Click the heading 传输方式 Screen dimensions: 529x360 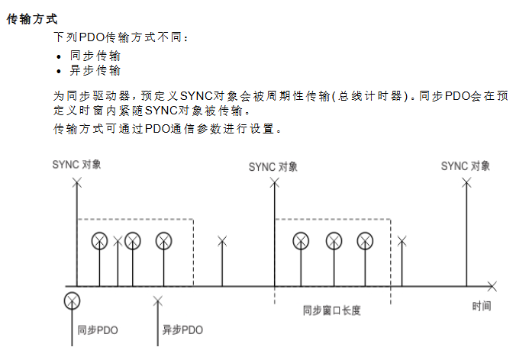click(32, 19)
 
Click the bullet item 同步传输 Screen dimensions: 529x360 click(95, 56)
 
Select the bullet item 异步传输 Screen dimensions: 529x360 click(95, 70)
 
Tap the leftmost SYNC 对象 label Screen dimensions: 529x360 click(76, 165)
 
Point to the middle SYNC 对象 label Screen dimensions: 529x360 click(273, 167)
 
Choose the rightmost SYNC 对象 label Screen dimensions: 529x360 click(466, 166)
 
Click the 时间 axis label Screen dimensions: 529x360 click(482, 306)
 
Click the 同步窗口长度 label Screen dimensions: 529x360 click(331, 310)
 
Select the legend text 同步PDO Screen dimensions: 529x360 click(98, 329)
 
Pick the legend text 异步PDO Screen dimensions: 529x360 click(182, 329)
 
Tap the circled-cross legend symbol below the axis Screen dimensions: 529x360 click(72, 301)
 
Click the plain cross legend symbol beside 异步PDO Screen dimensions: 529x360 click(157, 301)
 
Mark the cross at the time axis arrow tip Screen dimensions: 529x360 click(492, 287)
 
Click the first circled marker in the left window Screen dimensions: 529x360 click(99, 241)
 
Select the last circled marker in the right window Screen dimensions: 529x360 click(365, 241)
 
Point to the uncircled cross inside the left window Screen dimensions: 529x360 click(118, 241)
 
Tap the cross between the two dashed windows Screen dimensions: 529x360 click(222, 241)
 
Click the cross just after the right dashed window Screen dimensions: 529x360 click(402, 241)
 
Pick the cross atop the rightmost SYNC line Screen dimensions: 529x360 click(466, 183)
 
